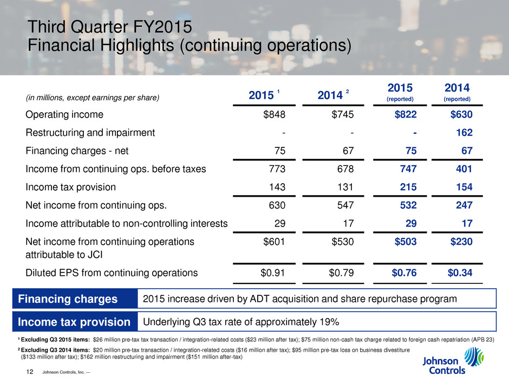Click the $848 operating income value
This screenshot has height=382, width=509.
pos(274,115)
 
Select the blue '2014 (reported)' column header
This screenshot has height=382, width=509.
pos(457,92)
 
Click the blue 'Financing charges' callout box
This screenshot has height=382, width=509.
pos(69,299)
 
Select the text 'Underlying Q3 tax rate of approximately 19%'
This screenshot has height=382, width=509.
pos(241,322)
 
